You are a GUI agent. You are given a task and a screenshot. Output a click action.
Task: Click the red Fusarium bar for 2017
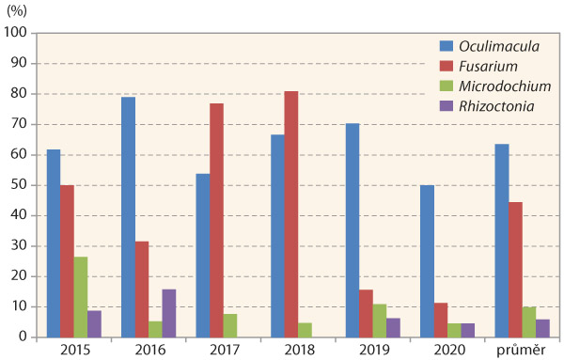click(216, 220)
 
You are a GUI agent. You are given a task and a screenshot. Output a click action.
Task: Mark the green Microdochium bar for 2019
click(380, 321)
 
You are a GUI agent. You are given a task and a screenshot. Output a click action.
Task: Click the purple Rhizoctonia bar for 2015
click(95, 323)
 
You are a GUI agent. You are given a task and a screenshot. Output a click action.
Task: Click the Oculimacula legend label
click(497, 44)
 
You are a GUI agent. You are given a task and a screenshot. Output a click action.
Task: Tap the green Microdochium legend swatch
click(448, 86)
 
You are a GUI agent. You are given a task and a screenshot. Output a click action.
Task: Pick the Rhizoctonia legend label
click(497, 106)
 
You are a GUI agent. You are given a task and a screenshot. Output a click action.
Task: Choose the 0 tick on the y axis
click(26, 337)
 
